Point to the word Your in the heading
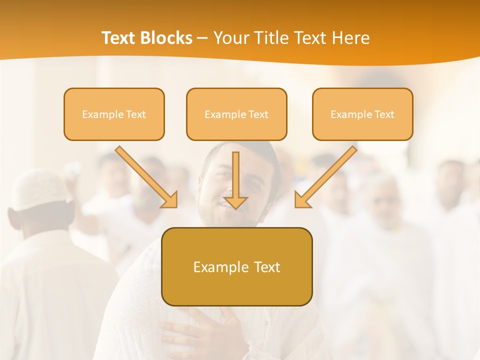[230, 38]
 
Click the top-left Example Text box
[114, 114]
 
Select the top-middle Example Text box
[236, 114]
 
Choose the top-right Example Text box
[362, 114]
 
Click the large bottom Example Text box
[236, 266]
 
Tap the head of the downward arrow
[235, 202]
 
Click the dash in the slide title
[202, 38]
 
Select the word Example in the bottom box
[216, 267]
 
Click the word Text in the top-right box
[384, 114]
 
